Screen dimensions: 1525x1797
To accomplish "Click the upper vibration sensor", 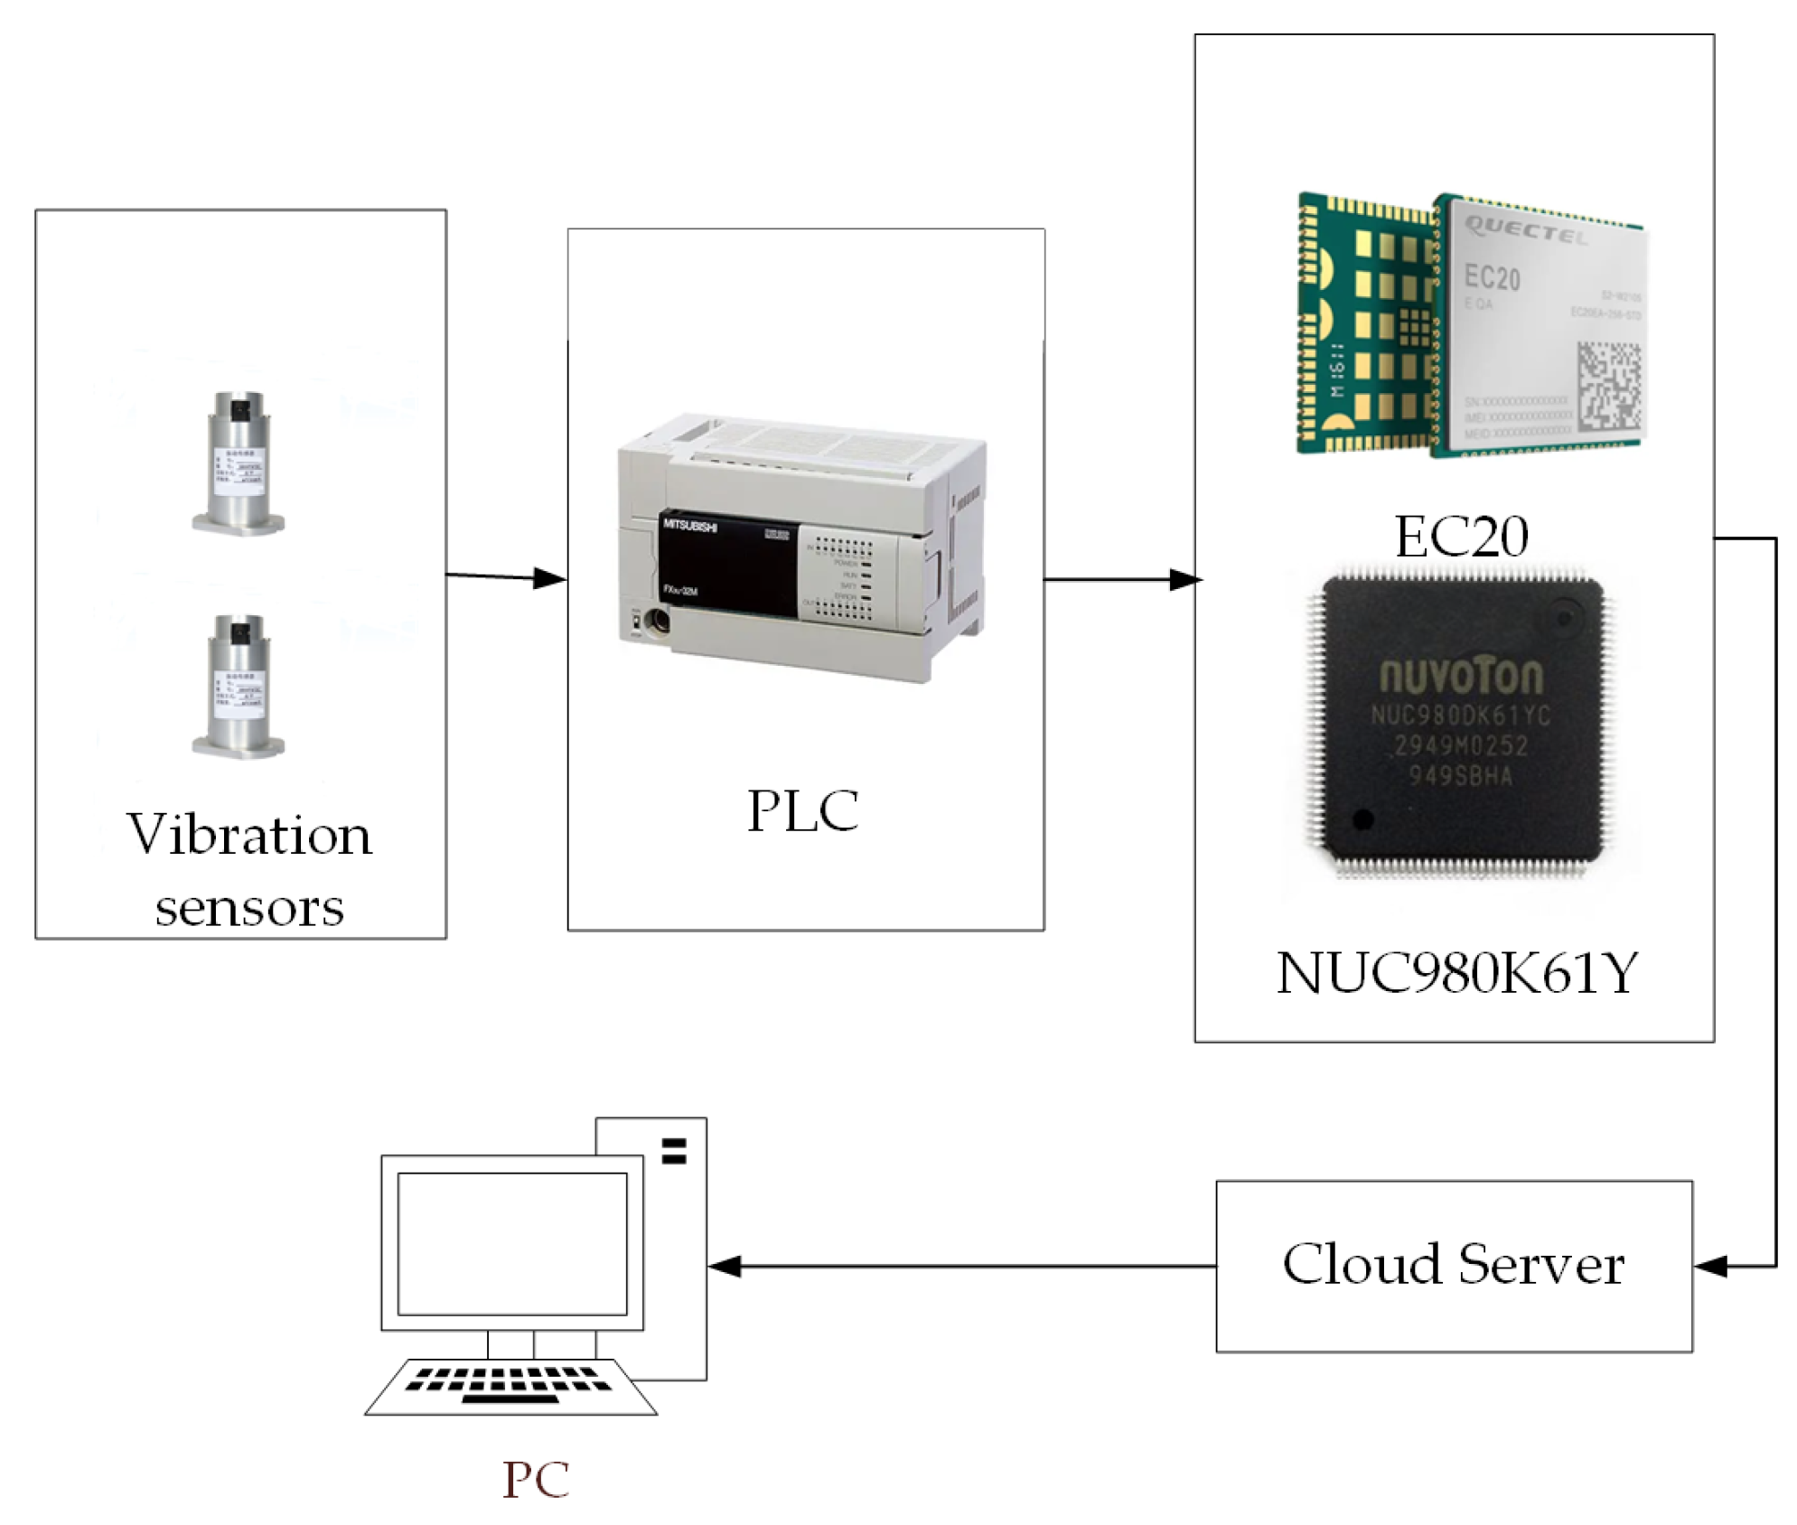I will coord(238,463).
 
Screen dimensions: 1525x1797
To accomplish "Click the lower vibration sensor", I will coord(238,687).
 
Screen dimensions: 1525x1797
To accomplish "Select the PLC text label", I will coord(802,809).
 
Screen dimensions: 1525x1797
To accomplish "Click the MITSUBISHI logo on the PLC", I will coord(690,526).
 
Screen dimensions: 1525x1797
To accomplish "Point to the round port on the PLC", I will coord(657,622).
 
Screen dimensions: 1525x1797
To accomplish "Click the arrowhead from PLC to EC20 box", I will coord(1185,579).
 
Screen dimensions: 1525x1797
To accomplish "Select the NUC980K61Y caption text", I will coord(1455,973).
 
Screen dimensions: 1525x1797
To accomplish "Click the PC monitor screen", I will coord(512,1243).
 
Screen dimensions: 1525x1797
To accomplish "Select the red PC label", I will coord(536,1479).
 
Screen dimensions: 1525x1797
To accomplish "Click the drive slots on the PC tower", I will coord(674,1150).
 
